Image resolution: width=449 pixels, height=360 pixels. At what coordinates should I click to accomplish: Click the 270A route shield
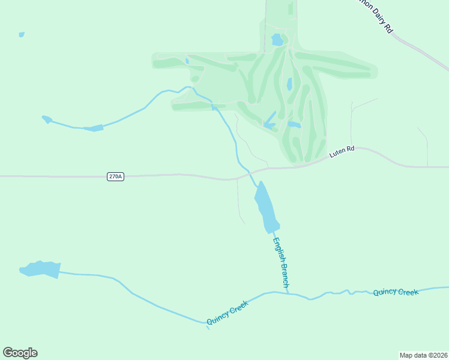pos(116,176)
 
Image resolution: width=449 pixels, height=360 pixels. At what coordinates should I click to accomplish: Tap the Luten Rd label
pos(342,152)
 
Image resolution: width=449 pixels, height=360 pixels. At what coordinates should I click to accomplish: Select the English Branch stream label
pos(281,264)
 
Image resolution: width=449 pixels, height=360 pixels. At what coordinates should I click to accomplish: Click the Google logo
pos(20,353)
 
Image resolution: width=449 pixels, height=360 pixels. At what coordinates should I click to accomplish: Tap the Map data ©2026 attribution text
pos(423,355)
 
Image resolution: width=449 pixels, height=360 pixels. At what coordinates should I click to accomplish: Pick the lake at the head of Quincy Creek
pos(40,269)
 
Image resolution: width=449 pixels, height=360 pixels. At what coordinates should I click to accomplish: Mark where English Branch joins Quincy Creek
pos(289,293)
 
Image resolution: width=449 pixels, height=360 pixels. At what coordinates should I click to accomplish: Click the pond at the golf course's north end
pos(277,40)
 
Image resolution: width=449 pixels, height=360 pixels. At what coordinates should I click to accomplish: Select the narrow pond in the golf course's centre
pos(289,84)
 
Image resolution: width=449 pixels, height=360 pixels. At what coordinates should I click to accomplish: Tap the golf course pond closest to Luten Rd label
pos(294,125)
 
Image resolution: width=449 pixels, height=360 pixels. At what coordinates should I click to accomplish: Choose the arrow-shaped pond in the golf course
pos(270,122)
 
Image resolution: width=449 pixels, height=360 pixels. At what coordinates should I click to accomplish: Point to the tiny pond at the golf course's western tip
pos(187,60)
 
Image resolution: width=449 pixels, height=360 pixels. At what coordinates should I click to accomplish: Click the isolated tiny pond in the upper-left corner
pos(22,34)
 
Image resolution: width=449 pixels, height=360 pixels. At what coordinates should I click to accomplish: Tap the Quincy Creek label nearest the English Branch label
pos(227,313)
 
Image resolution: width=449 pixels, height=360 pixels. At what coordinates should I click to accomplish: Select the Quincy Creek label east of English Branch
pos(395,292)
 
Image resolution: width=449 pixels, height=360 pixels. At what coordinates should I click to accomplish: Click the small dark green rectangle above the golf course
pos(291,8)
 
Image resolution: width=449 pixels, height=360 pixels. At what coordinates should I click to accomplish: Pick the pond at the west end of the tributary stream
pos(46,119)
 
